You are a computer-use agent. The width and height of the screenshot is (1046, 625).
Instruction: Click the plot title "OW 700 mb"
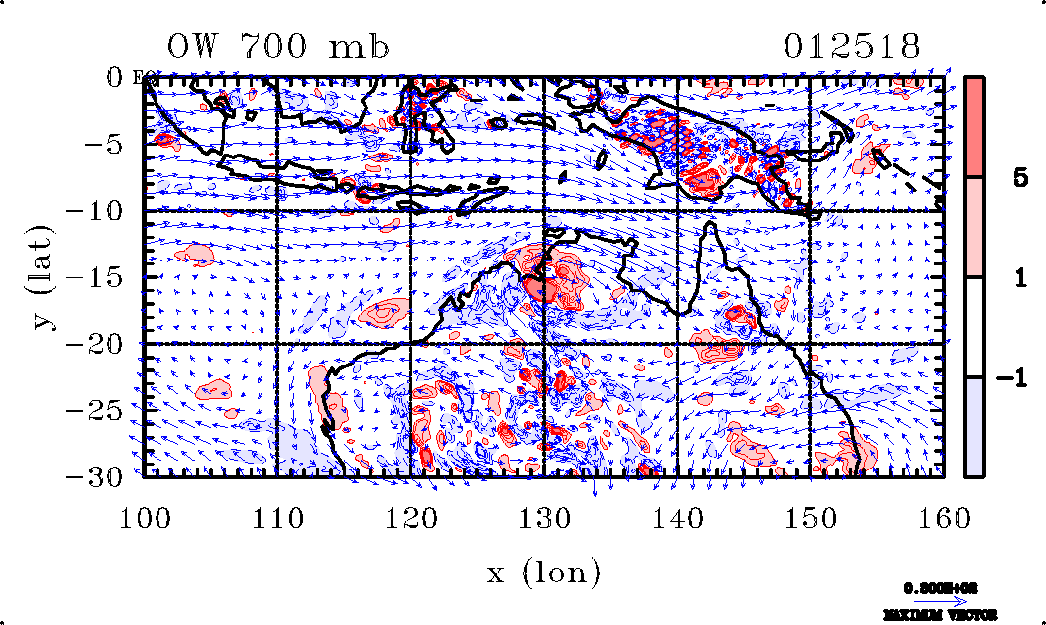point(278,47)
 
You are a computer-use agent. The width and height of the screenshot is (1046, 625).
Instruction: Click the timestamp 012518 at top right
point(853,47)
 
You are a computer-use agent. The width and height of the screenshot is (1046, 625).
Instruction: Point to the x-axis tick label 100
point(145,517)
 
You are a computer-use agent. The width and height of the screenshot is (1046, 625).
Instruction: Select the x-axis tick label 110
point(277,517)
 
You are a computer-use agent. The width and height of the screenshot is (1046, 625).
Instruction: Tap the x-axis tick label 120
point(410,517)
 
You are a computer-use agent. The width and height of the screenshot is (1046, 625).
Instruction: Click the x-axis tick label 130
point(544,517)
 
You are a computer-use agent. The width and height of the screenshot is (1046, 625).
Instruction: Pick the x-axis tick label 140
point(677,517)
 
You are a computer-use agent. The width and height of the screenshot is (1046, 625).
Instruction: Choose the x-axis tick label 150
point(809,517)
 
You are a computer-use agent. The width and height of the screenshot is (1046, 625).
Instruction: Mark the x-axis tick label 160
point(942,517)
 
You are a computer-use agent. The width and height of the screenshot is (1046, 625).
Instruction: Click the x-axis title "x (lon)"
point(544,572)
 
